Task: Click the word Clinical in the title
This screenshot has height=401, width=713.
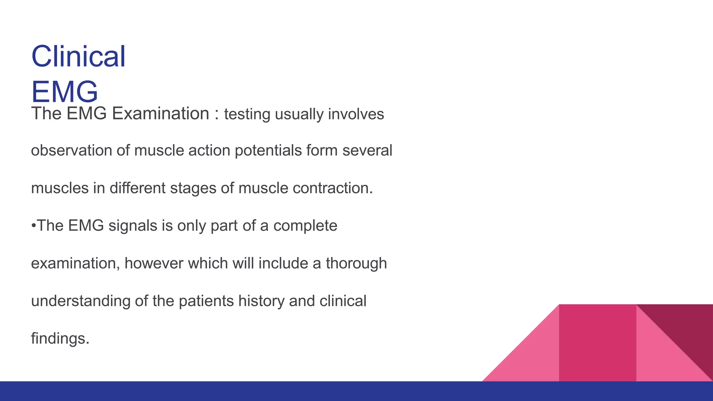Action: pos(78,56)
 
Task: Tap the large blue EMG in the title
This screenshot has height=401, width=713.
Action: pos(64,92)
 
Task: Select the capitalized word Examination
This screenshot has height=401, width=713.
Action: pos(160,113)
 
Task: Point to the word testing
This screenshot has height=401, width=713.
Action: pos(247,115)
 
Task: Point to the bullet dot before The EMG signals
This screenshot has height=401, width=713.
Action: pos(33,226)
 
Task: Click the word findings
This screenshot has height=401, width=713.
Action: pos(60,339)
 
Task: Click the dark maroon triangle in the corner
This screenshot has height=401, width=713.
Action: pos(686,327)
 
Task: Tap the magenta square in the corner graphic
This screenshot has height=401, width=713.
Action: pos(597,343)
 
